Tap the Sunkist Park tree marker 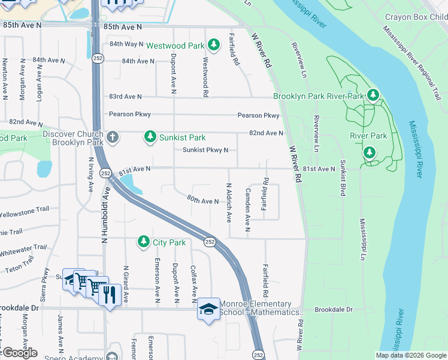coord(150,137)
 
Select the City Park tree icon coord(143,242)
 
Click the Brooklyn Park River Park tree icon coord(373,95)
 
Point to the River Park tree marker coord(370,153)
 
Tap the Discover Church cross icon coord(112,138)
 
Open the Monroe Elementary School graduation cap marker coord(208,308)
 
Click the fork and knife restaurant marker coord(109,294)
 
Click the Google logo coord(19,353)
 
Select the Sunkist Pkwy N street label coord(205,150)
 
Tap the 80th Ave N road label coord(202,200)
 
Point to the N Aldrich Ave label coord(228,203)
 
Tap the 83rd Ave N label coord(125,97)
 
